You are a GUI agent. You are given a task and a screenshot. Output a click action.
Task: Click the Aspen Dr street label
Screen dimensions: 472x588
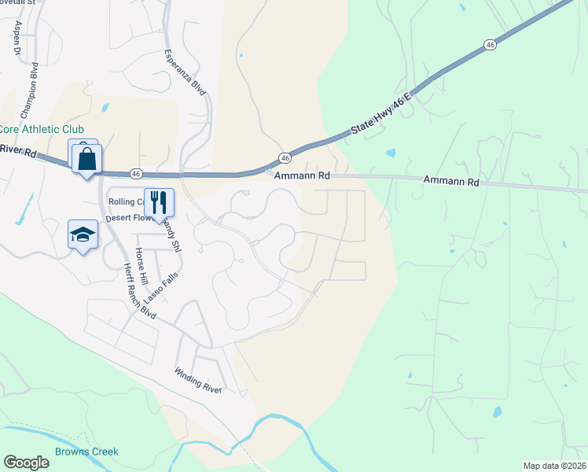click(x=17, y=37)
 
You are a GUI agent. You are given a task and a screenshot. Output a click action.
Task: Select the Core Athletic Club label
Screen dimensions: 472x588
click(x=41, y=129)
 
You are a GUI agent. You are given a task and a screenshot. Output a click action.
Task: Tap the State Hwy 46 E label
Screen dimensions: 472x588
click(x=379, y=112)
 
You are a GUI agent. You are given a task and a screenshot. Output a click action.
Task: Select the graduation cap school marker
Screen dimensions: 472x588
click(x=83, y=234)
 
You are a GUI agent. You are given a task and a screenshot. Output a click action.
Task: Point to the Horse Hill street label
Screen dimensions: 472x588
click(x=141, y=266)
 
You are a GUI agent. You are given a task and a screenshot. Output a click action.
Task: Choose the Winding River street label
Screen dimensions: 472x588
click(x=199, y=381)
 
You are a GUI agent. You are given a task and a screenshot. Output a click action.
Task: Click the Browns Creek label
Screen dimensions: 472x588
click(x=86, y=452)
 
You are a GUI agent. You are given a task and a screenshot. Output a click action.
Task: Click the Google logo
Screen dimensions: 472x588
click(x=27, y=463)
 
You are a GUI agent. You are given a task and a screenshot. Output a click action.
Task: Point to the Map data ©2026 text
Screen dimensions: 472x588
click(x=553, y=466)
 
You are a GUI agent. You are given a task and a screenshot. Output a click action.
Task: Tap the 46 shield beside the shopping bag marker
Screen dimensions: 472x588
click(x=136, y=173)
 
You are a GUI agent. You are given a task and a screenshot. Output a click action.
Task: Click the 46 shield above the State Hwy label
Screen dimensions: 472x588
click(x=491, y=46)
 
